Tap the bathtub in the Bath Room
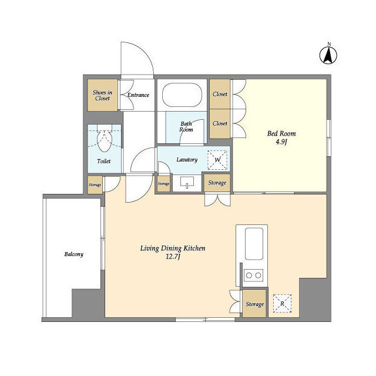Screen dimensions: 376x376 [182, 95]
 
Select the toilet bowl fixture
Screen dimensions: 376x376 [105, 141]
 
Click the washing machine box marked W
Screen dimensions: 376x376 [217, 160]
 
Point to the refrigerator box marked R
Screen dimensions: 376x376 [282, 303]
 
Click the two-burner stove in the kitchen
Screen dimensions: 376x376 [253, 275]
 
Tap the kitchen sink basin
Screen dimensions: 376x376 [254, 244]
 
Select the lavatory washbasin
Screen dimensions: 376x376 [187, 182]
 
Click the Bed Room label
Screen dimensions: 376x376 [281, 133]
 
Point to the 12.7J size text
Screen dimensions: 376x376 [173, 257]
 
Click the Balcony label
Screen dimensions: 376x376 [73, 254]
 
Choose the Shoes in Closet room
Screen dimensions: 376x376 [102, 95]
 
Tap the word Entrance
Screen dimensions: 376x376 [138, 95]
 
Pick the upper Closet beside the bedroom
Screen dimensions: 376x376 [220, 94]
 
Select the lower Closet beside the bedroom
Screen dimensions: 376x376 [220, 124]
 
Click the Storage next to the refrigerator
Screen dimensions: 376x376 [254, 304]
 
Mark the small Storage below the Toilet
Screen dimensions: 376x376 [95, 184]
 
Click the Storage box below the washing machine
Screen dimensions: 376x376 [217, 183]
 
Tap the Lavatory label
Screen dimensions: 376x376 [187, 160]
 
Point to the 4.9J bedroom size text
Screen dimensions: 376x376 [281, 142]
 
